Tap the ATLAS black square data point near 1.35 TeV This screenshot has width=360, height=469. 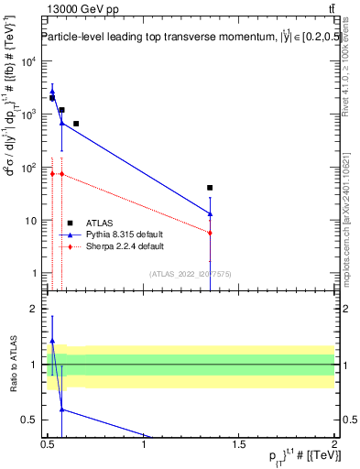pyautogui.click(x=211, y=188)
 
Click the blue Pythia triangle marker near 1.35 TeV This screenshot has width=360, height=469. pyautogui.click(x=211, y=213)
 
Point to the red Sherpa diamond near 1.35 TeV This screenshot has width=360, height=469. pyautogui.click(x=211, y=233)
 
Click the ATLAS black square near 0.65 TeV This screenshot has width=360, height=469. pyautogui.click(x=76, y=124)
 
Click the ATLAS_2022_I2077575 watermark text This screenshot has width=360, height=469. pyautogui.click(x=190, y=274)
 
